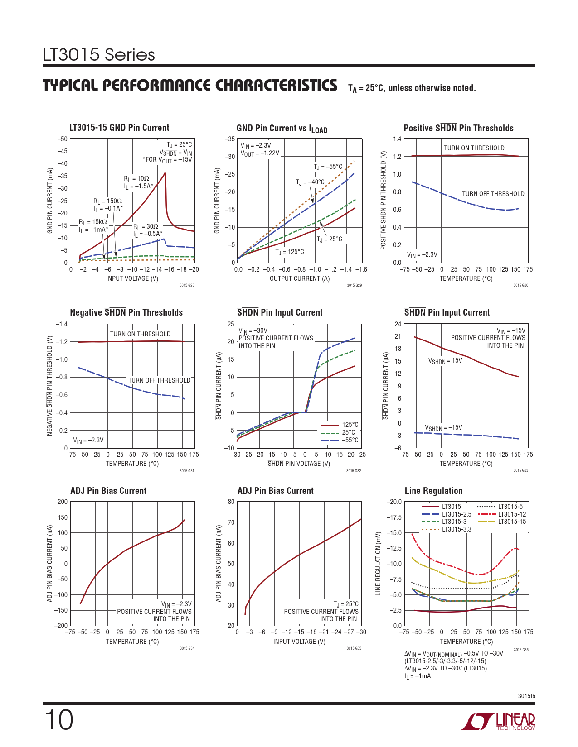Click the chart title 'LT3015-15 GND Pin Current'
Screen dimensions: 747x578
(119, 128)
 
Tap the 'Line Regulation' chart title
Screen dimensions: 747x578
(433, 491)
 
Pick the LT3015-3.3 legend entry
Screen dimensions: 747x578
(457, 529)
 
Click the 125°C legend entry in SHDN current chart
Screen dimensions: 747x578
(350, 425)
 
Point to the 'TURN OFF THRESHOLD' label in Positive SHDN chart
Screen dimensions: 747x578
(493, 194)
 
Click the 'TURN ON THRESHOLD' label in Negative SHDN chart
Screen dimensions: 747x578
(140, 334)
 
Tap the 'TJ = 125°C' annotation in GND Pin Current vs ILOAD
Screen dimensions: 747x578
(290, 252)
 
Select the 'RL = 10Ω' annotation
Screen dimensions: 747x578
(136, 179)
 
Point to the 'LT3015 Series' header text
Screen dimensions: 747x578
(99, 55)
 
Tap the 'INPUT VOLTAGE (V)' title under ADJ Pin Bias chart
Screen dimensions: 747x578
(299, 642)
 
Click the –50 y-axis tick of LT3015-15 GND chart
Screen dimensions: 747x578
(62, 139)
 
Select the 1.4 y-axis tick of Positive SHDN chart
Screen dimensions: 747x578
(397, 139)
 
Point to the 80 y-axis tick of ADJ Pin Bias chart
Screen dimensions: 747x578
(231, 502)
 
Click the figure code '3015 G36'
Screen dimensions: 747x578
(521, 650)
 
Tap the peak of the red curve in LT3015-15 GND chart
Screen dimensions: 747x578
(165, 172)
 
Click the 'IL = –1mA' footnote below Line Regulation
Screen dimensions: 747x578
(418, 676)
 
